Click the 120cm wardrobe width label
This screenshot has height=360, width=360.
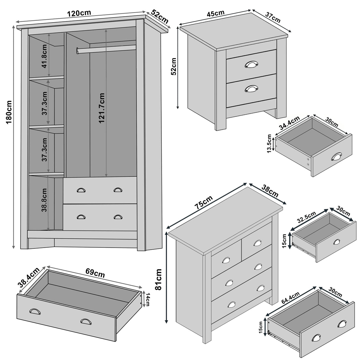[x=79, y=13]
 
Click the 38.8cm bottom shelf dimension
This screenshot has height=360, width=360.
[x=44, y=200]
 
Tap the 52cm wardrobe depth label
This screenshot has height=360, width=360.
[x=160, y=17]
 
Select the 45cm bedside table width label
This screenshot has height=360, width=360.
[x=216, y=14]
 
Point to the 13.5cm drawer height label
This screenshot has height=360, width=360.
[x=269, y=144]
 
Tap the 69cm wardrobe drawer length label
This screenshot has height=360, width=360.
[x=95, y=273]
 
